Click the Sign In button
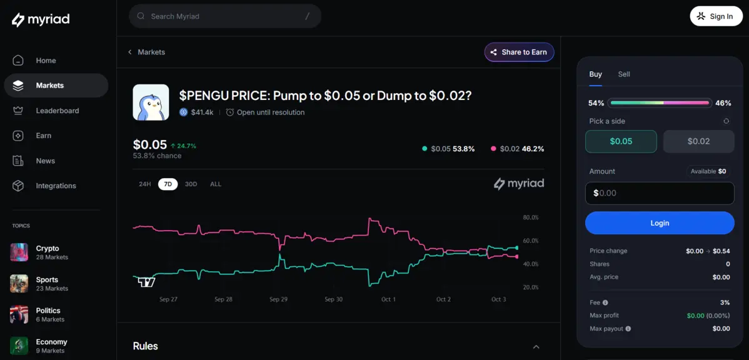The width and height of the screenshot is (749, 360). (716, 16)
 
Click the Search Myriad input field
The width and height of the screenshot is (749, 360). (225, 16)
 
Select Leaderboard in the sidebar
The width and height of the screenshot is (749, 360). (57, 111)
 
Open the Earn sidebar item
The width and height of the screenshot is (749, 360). (43, 136)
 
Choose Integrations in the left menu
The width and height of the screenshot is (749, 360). (56, 186)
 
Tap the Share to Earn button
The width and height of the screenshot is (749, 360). (519, 52)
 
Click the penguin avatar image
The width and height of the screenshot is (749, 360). (151, 102)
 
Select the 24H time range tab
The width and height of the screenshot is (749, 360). (145, 184)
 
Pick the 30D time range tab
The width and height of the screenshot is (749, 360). (191, 184)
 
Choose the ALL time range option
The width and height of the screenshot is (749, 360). (216, 184)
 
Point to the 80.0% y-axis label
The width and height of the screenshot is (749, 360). (530, 217)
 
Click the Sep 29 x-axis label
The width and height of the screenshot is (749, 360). (278, 299)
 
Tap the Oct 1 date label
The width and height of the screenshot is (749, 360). (388, 299)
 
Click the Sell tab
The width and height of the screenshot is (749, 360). (624, 74)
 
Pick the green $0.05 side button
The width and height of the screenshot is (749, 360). (621, 141)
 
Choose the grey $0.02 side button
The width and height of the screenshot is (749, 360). (698, 141)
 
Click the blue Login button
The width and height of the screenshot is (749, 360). (660, 223)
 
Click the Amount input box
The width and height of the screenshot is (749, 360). (660, 193)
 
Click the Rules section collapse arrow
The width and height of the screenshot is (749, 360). (536, 347)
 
